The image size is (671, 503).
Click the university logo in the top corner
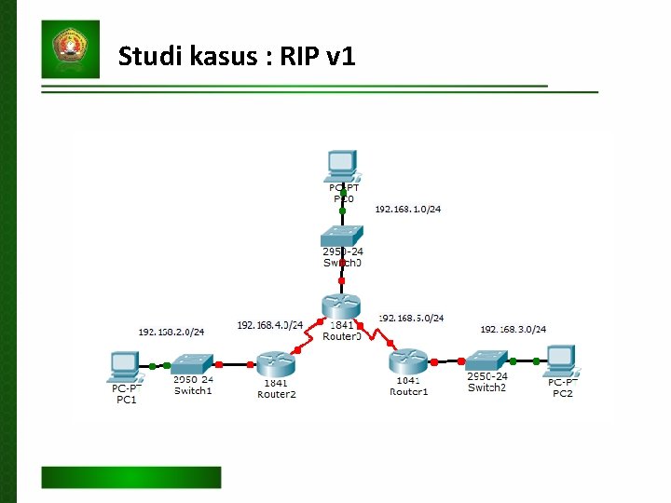coord(71,48)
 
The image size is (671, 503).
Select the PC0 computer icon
coord(342,165)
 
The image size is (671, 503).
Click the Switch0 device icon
coord(342,234)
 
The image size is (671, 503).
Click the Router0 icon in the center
coord(341,306)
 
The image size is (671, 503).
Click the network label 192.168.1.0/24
coord(408,209)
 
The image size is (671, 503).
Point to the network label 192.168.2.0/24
coord(171,331)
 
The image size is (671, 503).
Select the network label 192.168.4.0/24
coord(269,325)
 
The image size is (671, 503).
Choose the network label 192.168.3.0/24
coord(514,329)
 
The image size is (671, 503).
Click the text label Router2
coord(276,394)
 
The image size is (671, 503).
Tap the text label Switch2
coord(486,387)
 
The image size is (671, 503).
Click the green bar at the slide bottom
coord(130,477)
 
